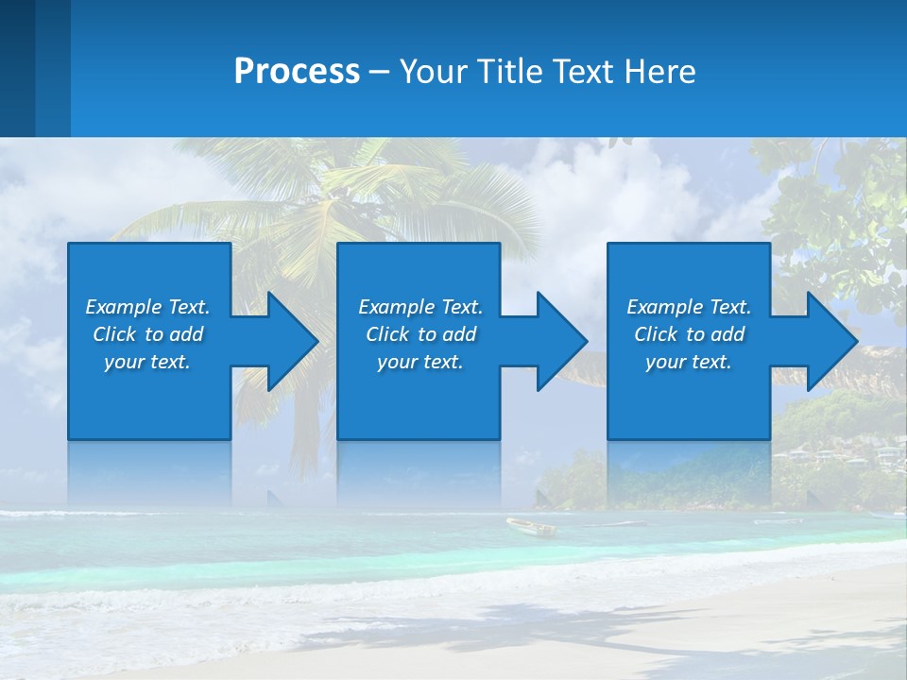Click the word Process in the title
click(x=297, y=72)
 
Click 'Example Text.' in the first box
click(x=147, y=307)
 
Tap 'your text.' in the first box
click(x=147, y=362)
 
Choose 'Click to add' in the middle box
click(x=420, y=334)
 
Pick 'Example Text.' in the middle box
click(x=420, y=307)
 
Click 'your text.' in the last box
click(x=689, y=362)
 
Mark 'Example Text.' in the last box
click(x=689, y=307)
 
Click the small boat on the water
click(x=531, y=526)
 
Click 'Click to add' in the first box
click(x=147, y=334)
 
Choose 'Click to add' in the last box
click(x=689, y=334)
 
